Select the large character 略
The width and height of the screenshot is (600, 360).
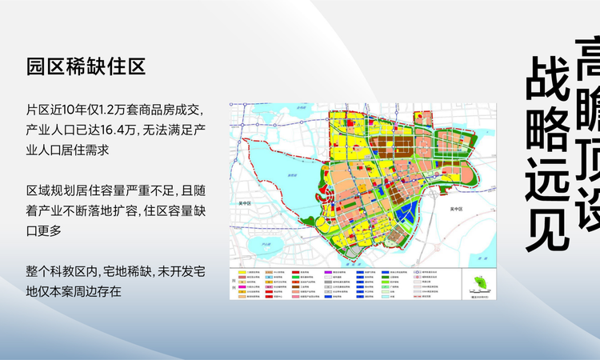click(547, 130)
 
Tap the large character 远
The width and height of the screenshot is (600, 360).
click(547, 178)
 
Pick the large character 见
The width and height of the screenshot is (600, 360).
click(547, 226)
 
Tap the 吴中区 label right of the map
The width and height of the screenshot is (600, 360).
click(456, 209)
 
